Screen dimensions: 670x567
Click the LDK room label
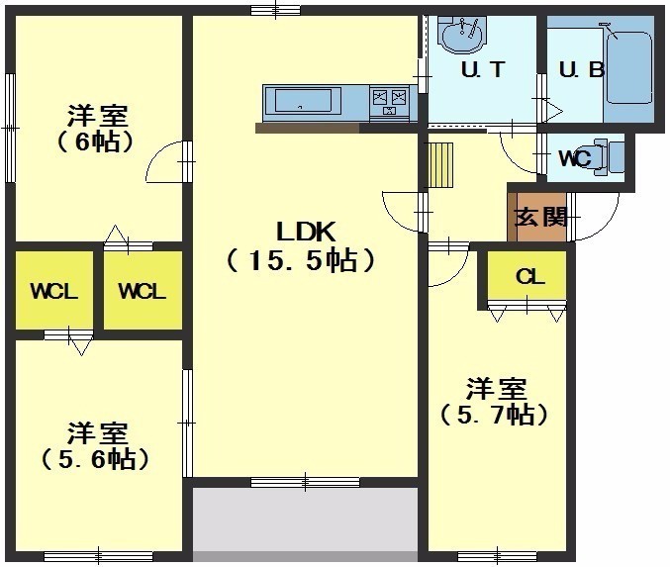(x=306, y=232)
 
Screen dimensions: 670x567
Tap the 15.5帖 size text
(x=301, y=260)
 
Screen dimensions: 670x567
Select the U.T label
(x=483, y=69)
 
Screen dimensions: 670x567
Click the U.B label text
(x=582, y=69)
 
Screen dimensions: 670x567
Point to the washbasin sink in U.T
(x=462, y=36)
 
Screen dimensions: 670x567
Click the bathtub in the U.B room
(x=628, y=67)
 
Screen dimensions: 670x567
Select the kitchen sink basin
(x=303, y=101)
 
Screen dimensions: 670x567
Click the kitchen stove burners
(x=390, y=102)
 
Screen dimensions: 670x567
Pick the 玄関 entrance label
(x=541, y=217)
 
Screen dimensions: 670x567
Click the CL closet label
(x=529, y=277)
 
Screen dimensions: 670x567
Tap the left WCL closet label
(x=53, y=292)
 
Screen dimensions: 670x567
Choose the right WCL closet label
(x=142, y=292)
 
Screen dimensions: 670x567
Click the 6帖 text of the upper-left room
(x=95, y=142)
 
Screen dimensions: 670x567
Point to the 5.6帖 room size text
(x=95, y=459)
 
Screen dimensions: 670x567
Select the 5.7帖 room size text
(x=494, y=415)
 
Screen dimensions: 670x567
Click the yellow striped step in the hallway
(x=440, y=165)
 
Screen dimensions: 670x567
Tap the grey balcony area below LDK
(x=305, y=524)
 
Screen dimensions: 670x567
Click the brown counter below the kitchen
(x=308, y=128)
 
